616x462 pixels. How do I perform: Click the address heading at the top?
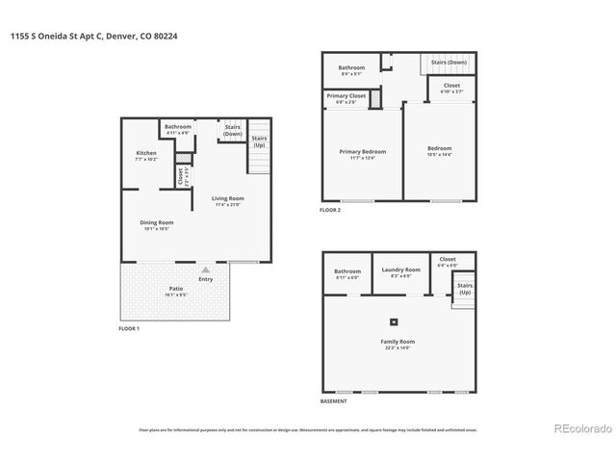[x=95, y=36]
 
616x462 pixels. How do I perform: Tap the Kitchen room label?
[x=145, y=154]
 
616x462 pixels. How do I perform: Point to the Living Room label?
[x=228, y=199]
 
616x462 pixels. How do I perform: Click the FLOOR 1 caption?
[x=129, y=329]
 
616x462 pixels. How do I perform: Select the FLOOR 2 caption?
[x=330, y=209]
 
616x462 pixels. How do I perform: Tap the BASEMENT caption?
[x=333, y=401]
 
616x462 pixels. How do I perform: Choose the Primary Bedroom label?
[x=362, y=152]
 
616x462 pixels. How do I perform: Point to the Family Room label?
[x=397, y=342]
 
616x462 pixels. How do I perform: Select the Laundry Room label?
[x=400, y=270]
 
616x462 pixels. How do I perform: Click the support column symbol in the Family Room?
[x=393, y=321]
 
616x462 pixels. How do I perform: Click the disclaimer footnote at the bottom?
[x=308, y=430]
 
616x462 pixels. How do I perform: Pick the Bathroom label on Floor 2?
[x=352, y=67]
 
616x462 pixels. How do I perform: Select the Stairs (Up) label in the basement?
[x=464, y=289]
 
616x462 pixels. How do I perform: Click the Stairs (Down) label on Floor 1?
[x=232, y=130]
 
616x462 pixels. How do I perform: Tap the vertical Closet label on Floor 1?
[x=180, y=176]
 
